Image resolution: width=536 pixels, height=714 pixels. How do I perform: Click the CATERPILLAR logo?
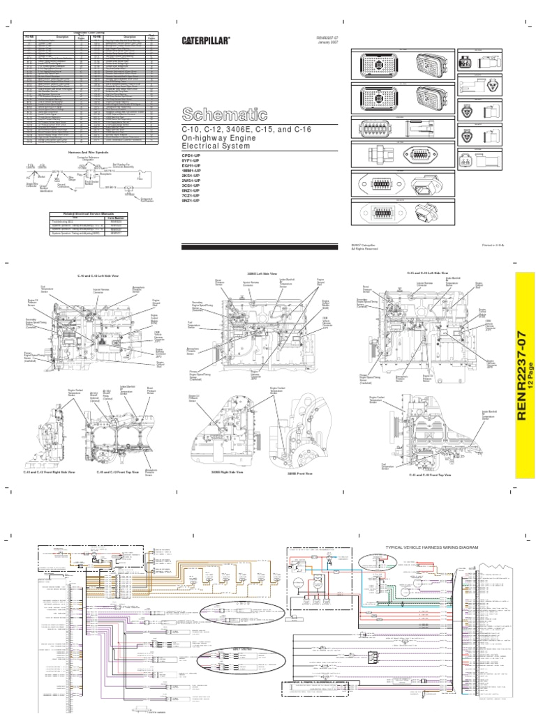pos(203,41)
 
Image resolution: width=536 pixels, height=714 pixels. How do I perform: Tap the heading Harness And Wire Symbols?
pos(83,152)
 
